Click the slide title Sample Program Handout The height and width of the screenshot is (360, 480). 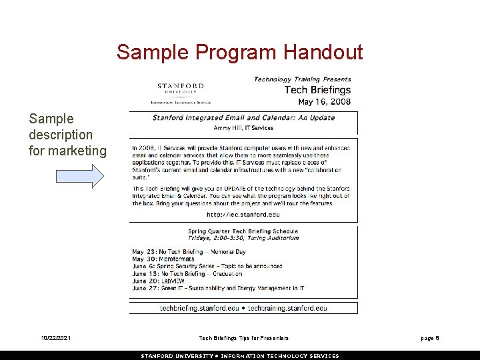tap(239, 52)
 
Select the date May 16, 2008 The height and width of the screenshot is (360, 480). tap(324, 102)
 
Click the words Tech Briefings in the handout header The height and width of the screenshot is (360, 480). tap(317, 90)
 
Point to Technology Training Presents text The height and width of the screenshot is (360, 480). tap(302, 79)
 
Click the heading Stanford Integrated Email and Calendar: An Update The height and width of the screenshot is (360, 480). tap(243, 118)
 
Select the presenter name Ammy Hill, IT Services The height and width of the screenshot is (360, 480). tap(243, 127)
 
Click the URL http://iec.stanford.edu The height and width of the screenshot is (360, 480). tap(243, 215)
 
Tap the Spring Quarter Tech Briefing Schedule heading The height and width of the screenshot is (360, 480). tap(243, 232)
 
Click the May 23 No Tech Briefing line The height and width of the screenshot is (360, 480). tap(189, 252)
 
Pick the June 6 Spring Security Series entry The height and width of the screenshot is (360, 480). tap(207, 266)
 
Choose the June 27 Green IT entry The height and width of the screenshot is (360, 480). tap(217, 288)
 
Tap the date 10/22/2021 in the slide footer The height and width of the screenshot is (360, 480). tap(55, 339)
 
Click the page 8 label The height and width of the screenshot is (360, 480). tap(429, 339)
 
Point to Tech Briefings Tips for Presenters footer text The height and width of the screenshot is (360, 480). tap(244, 339)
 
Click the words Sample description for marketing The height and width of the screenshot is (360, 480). tap(67, 135)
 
